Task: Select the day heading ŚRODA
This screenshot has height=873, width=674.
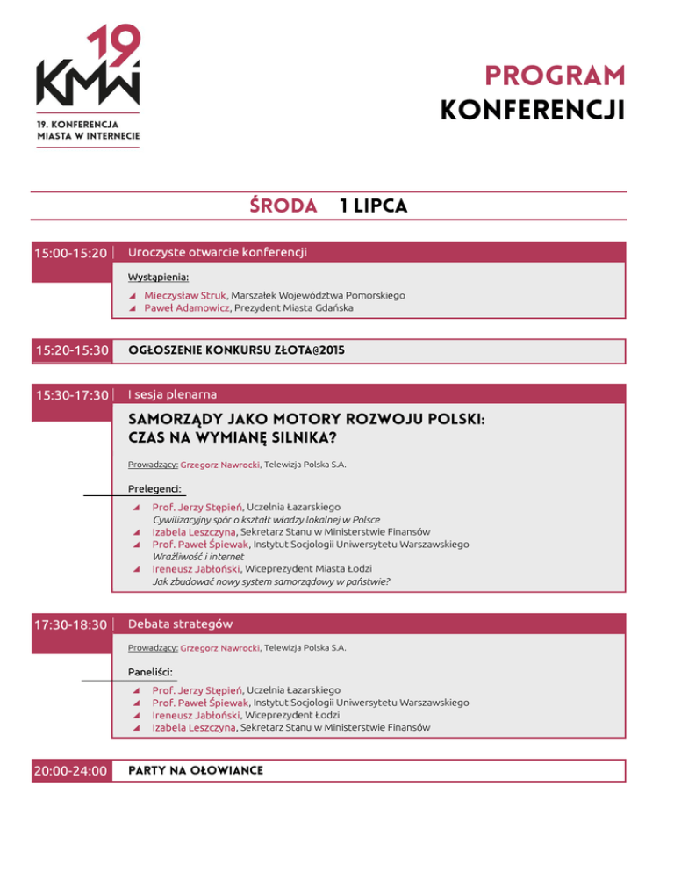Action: tap(283, 206)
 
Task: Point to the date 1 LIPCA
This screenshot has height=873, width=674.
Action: tap(372, 206)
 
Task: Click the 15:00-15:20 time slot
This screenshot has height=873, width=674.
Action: tap(70, 254)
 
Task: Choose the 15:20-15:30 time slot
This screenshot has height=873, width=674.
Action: tap(70, 350)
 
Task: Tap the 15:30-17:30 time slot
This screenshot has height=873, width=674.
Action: tap(70, 395)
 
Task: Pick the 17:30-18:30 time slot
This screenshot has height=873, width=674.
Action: tap(70, 624)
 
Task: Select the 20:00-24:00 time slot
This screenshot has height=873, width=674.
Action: tap(70, 771)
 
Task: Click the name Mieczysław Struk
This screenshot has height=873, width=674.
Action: tap(185, 296)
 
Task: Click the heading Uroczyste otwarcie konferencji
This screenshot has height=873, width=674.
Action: tap(217, 253)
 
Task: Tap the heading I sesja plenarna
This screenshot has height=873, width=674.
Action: tap(172, 394)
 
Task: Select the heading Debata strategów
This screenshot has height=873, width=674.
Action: tap(180, 624)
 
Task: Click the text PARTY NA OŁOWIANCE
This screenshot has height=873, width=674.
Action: tap(195, 770)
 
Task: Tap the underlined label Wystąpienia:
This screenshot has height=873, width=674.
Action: tap(159, 278)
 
